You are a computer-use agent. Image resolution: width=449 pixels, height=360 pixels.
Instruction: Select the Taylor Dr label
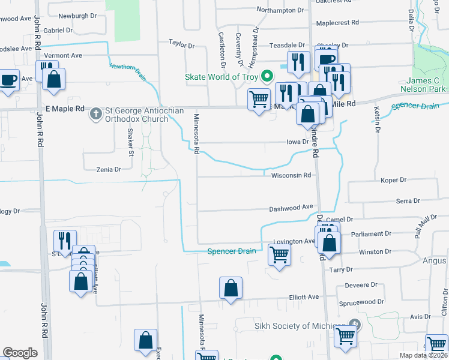coord(182,45)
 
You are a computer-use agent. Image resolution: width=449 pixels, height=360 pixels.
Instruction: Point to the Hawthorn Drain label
coord(128,70)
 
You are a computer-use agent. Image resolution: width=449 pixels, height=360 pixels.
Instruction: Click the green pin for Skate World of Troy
coord(268,77)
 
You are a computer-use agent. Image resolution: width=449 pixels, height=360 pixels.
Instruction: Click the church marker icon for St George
coord(95,113)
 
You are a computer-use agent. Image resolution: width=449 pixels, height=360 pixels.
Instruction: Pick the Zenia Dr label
coord(109,170)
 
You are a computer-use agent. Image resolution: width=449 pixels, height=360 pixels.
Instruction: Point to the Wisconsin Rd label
coord(291,176)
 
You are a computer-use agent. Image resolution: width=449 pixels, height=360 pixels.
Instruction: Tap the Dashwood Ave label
coord(291,208)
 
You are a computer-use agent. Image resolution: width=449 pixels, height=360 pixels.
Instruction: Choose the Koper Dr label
coord(394,180)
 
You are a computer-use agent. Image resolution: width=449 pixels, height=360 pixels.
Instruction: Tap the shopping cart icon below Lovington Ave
coord(279,256)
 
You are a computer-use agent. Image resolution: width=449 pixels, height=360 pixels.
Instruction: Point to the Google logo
coord(20,353)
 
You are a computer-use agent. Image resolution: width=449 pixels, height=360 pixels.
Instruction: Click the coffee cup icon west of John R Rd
coord(9,81)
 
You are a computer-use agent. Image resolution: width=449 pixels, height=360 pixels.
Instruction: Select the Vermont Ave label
coord(63,55)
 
